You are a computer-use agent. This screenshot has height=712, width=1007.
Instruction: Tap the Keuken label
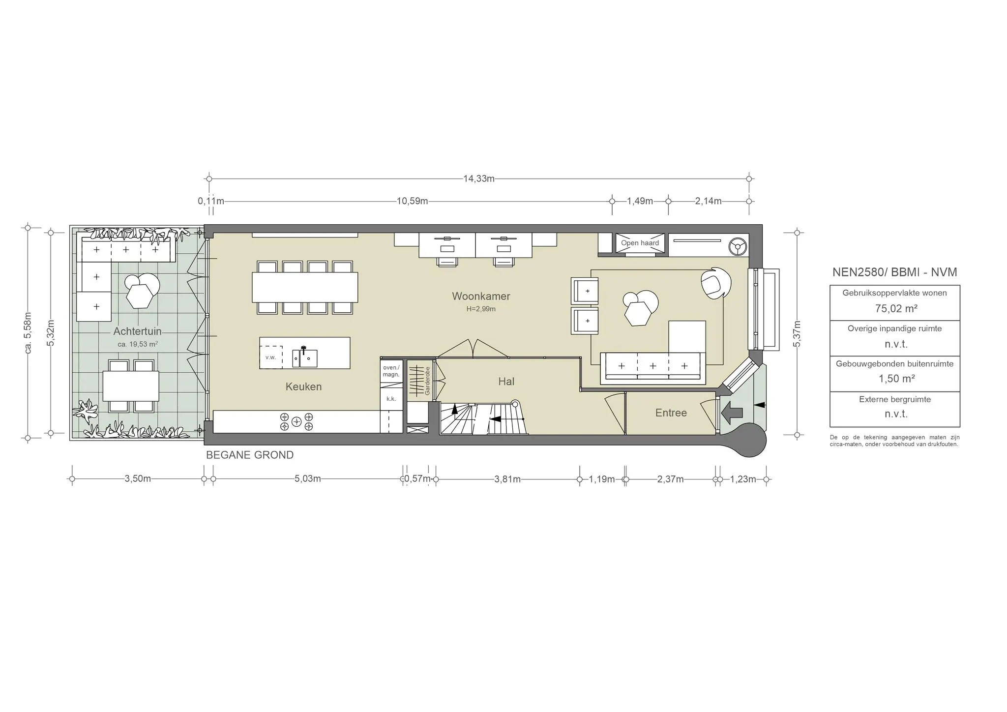coord(303,386)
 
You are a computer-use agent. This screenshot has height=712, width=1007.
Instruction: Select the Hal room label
coord(506,381)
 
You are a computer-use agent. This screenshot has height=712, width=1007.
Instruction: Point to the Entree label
coord(671,413)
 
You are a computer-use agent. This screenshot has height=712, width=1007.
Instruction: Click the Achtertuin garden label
coord(137,331)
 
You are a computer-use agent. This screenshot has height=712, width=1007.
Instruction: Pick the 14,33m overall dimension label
coord(479,178)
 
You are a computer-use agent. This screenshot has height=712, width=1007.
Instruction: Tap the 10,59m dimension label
coord(412,201)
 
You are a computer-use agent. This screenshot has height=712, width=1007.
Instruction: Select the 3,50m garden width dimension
coord(138,479)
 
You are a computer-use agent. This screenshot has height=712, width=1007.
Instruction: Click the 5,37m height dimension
coord(797,333)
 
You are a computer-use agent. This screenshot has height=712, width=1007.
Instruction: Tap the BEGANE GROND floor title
coord(250,455)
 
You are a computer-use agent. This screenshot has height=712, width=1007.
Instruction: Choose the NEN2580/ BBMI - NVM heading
coord(895,272)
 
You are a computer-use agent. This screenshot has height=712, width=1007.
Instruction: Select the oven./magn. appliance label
coord(391,371)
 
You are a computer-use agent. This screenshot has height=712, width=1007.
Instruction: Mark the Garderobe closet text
coord(427,381)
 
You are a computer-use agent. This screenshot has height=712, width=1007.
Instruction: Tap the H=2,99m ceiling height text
coord(481,309)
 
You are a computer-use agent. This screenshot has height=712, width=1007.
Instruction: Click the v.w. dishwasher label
coord(270,357)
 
